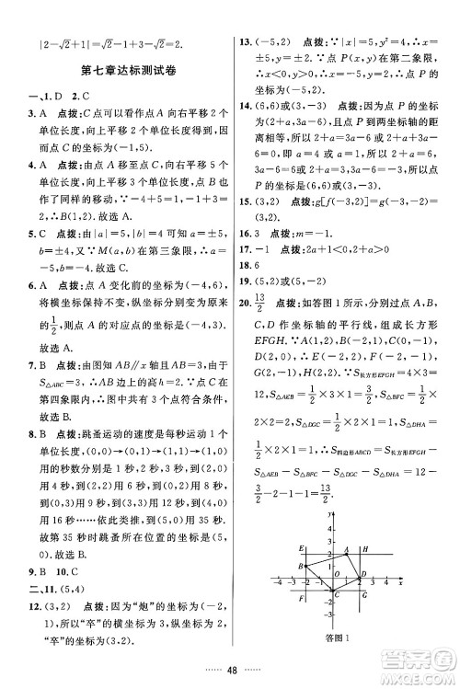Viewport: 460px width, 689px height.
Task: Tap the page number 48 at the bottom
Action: point(230,672)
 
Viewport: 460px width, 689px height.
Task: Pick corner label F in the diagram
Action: point(302,600)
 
